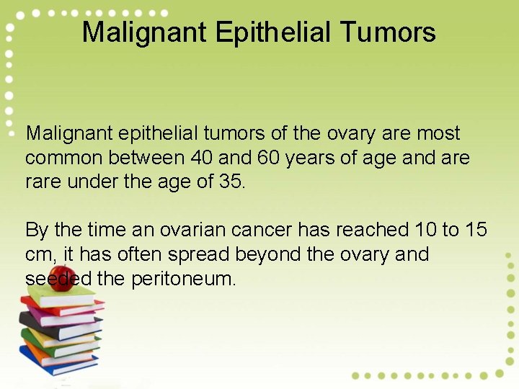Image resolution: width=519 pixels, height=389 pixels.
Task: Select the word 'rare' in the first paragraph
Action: tap(43, 182)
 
